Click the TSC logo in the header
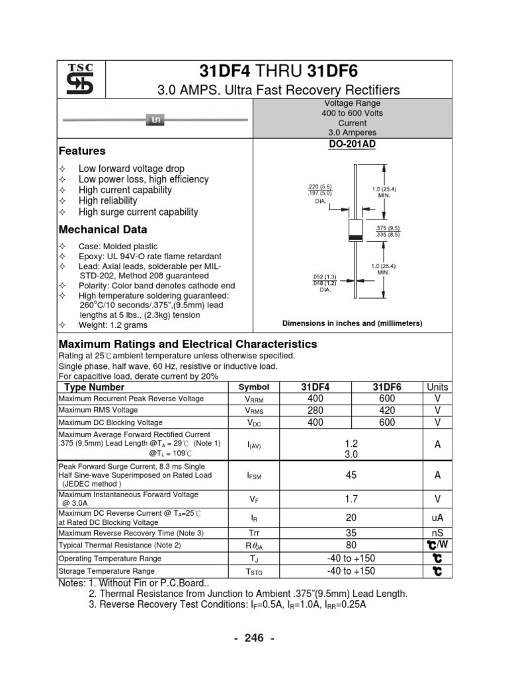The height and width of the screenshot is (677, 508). (80, 79)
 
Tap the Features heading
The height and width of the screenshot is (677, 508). (82, 151)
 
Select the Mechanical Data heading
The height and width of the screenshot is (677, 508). (103, 230)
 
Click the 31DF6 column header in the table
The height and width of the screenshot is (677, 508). (387, 387)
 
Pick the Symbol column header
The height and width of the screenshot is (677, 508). (254, 387)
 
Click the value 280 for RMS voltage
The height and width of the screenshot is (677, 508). (317, 411)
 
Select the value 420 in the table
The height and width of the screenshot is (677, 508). (387, 411)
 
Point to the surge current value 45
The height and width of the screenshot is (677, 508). (351, 475)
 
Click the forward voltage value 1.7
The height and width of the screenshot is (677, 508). (351, 499)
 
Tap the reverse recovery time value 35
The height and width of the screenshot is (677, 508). (351, 533)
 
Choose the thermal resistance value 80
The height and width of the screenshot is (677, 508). (351, 545)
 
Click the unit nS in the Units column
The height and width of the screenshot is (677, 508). (437, 533)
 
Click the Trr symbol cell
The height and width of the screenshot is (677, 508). (254, 533)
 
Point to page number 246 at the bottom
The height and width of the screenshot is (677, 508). (254, 638)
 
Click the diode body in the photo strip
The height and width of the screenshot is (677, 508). (157, 120)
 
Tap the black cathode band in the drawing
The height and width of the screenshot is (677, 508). (355, 237)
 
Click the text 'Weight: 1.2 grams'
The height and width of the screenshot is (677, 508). (113, 325)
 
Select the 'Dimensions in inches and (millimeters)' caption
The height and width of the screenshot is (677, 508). (352, 323)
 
